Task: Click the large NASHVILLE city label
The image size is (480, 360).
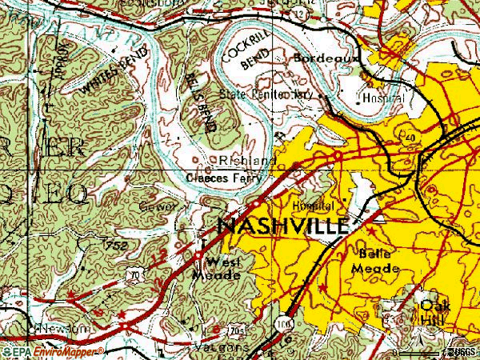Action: (283, 225)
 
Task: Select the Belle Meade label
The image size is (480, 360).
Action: (375, 261)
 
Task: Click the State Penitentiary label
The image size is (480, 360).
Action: (270, 94)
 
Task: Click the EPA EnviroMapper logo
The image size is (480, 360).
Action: (52, 351)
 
